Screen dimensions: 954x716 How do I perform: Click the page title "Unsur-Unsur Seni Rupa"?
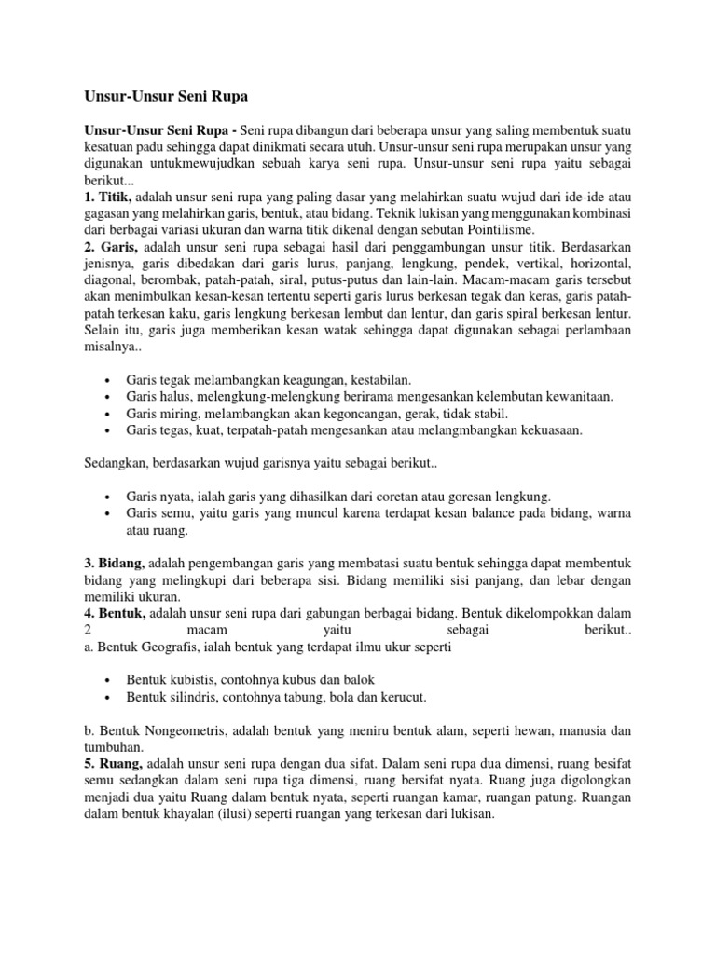161,96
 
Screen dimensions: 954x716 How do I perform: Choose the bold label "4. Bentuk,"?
111,613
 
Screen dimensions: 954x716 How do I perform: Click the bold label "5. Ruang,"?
108,763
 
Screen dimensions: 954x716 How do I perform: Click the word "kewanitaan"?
574,397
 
